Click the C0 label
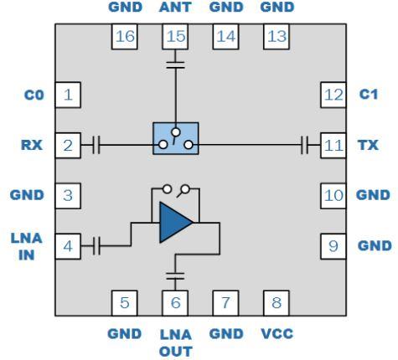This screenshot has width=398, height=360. pyautogui.click(x=34, y=95)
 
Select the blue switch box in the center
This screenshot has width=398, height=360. pyautogui.click(x=175, y=137)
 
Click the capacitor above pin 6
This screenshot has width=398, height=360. pyautogui.click(x=174, y=273)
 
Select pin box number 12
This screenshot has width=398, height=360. pyautogui.click(x=332, y=95)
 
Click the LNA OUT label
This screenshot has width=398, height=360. pyautogui.click(x=174, y=342)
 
